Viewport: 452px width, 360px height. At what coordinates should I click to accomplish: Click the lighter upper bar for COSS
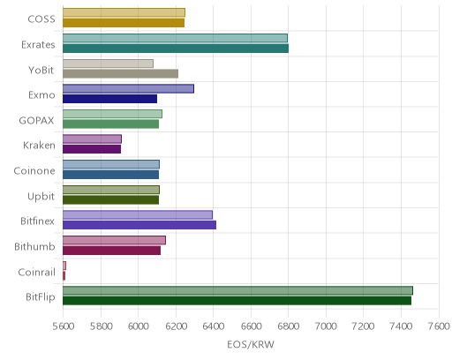124,12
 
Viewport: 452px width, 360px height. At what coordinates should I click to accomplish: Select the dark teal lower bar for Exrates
176,49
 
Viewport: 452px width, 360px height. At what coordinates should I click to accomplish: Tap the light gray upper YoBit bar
108,64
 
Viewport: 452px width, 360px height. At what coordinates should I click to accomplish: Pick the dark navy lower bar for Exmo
109,99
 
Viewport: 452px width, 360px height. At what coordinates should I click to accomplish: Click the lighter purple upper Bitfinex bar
138,214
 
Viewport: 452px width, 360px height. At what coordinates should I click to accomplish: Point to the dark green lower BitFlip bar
237,301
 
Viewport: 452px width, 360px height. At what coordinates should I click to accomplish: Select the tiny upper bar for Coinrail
64,266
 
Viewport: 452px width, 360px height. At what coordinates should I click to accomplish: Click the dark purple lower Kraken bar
92,149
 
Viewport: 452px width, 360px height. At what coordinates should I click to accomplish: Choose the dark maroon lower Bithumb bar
111,251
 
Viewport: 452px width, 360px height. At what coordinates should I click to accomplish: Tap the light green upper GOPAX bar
112,114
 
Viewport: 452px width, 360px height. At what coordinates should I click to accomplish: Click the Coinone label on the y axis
34,171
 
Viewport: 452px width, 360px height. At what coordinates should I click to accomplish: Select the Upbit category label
41,197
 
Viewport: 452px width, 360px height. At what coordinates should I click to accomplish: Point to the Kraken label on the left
39,146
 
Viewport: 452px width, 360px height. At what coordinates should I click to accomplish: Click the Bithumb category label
34,246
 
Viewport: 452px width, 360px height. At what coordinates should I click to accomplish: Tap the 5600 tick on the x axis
64,326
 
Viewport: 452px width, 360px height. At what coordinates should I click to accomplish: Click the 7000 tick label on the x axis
326,326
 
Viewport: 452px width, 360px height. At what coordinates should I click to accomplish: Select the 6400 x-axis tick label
214,326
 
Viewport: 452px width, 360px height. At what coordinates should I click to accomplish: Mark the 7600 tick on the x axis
439,326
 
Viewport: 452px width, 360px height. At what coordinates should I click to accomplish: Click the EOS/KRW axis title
251,344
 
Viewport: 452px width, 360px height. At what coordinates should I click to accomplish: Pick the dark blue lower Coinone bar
110,175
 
